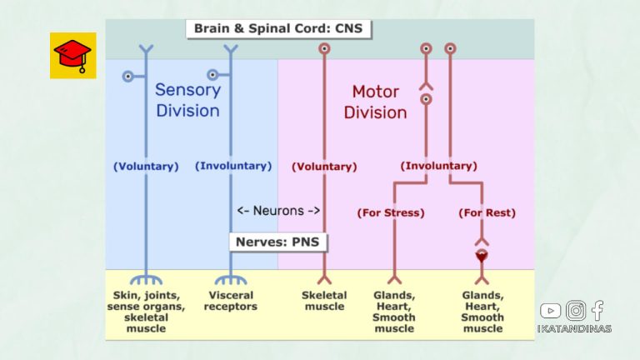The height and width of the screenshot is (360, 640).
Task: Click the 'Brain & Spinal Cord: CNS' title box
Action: pos(277,28)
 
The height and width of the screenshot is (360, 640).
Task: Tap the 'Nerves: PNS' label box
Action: pos(278,242)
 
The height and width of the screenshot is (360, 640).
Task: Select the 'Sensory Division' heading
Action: pos(187,100)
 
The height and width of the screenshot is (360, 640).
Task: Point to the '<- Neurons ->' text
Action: pos(278,211)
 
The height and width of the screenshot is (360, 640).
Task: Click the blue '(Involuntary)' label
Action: pos(233,166)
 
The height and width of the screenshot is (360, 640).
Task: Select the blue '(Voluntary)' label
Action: pos(146,166)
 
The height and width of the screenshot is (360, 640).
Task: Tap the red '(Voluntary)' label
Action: pos(324,167)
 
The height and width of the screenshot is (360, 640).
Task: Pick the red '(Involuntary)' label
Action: pos(439,166)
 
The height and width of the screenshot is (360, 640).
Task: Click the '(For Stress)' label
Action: pos(391,212)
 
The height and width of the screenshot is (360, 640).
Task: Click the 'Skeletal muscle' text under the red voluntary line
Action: pos(324,301)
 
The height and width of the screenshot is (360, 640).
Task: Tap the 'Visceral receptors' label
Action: pos(232,301)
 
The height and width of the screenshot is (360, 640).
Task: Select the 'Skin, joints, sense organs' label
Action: pos(146,306)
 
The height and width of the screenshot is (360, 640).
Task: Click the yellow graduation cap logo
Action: pos(73,56)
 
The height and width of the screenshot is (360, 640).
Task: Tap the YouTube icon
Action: pos(550,311)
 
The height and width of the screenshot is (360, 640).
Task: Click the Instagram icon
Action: pos(576,311)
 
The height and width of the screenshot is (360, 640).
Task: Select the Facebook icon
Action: pos(597,311)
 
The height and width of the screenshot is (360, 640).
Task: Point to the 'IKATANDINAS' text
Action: pos(574,328)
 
